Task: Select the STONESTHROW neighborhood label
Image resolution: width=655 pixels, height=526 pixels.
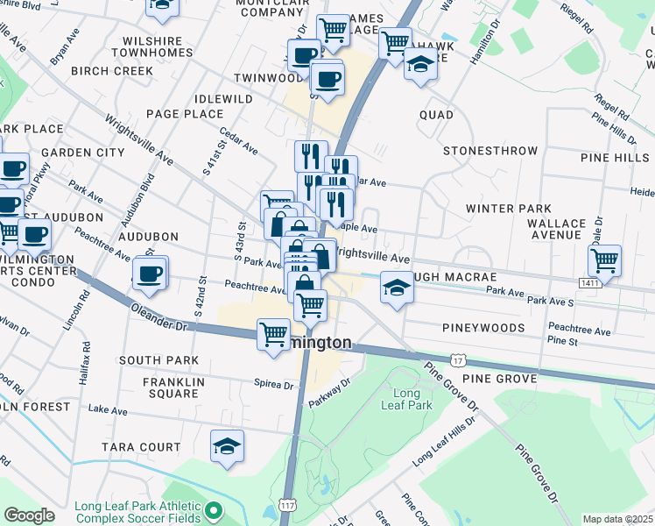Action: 490,151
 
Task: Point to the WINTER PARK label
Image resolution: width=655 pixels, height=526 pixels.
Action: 508,209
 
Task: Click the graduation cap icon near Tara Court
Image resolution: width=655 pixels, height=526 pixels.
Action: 228,446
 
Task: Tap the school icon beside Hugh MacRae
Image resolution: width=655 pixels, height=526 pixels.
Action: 397,288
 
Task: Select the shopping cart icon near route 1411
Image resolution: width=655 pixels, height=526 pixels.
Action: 604,259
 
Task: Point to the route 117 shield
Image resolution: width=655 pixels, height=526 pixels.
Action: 286,506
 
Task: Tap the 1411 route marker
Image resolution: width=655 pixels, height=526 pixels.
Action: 589,282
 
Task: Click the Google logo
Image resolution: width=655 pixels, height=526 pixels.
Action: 29,515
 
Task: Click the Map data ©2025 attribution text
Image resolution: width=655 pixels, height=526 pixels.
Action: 617,519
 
